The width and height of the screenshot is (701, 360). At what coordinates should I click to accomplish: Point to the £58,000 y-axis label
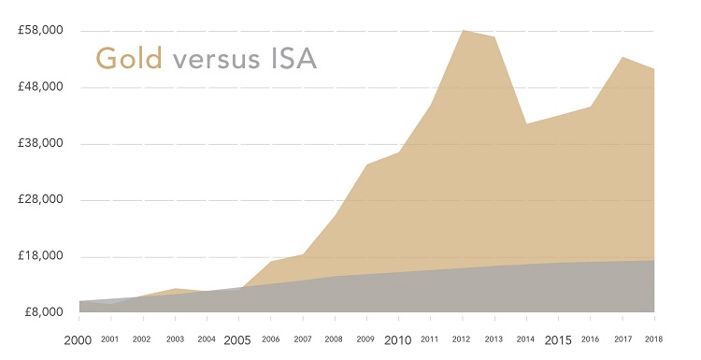(x=40, y=31)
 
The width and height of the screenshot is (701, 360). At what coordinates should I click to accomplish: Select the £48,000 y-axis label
(x=40, y=87)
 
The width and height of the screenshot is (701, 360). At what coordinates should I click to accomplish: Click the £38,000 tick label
(x=40, y=143)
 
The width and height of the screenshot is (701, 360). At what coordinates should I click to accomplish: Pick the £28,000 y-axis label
(x=40, y=199)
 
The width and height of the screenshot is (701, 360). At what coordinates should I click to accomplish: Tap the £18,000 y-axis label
(x=40, y=255)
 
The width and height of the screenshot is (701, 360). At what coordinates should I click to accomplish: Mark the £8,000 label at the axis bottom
(x=43, y=311)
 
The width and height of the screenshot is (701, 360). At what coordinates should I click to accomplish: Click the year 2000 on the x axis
(x=79, y=339)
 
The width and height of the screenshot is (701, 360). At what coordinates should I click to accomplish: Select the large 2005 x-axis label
(x=238, y=339)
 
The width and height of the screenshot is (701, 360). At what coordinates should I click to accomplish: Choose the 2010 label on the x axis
(x=398, y=339)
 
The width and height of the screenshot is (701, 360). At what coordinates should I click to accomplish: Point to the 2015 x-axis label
(x=558, y=339)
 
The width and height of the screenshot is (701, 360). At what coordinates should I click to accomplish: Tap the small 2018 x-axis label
(x=654, y=339)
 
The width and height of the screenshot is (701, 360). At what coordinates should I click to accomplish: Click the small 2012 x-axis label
(x=462, y=339)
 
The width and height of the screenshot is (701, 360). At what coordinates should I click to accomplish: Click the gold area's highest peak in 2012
(x=462, y=31)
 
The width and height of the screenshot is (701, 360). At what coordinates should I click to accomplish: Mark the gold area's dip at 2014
(x=526, y=123)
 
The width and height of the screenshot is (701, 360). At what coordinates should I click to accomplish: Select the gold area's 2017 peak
(x=622, y=57)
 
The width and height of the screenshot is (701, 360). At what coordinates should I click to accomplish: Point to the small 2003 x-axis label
(x=174, y=339)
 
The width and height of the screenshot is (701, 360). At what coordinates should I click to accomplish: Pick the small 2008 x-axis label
(x=334, y=339)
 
